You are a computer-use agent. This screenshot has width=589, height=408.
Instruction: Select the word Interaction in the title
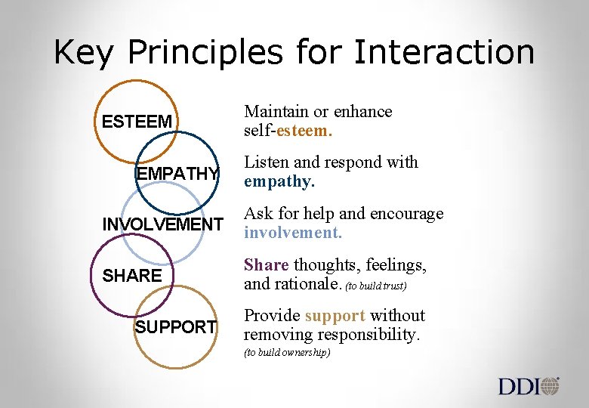(444, 53)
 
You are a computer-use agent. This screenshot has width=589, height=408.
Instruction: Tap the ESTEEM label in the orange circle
(137, 122)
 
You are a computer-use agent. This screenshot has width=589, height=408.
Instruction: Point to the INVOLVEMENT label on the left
(163, 224)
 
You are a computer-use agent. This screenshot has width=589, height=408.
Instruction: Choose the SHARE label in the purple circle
(132, 276)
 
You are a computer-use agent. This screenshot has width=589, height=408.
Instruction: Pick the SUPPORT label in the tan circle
(175, 327)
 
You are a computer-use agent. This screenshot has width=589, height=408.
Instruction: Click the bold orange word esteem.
(305, 131)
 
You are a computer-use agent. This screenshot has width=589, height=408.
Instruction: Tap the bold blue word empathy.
(279, 182)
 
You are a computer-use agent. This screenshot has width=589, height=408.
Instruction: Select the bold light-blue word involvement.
(293, 233)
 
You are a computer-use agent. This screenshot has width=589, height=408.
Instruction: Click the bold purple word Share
(266, 264)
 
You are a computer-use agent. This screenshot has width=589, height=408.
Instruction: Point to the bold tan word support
(335, 315)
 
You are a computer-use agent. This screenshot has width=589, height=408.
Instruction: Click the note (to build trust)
(376, 286)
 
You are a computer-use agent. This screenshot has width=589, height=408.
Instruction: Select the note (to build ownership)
(287, 353)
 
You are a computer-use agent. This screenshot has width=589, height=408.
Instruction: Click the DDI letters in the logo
(519, 387)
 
